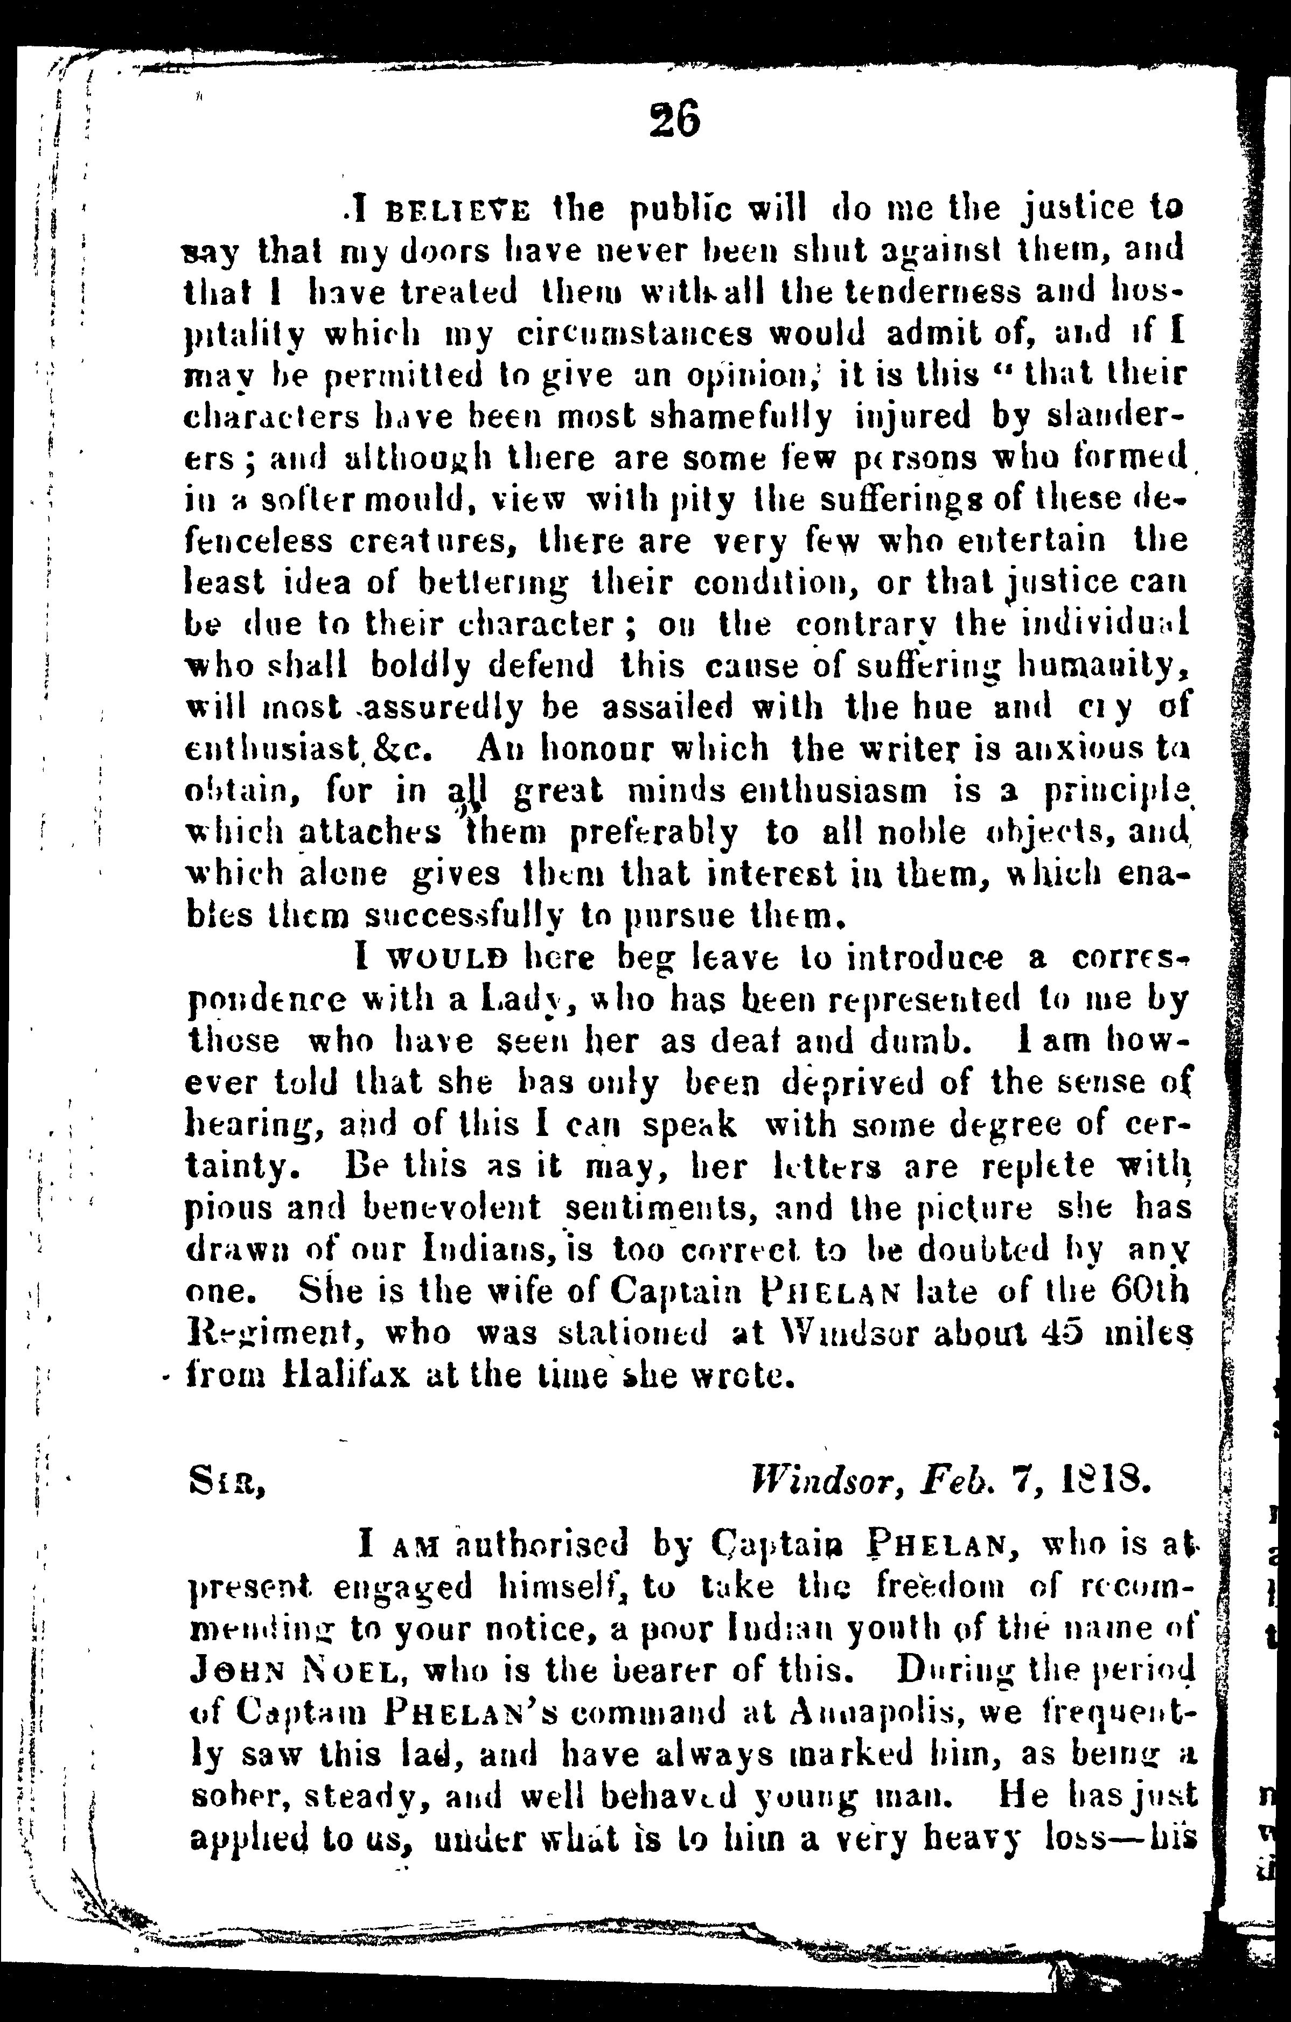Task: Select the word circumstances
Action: coord(634,334)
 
